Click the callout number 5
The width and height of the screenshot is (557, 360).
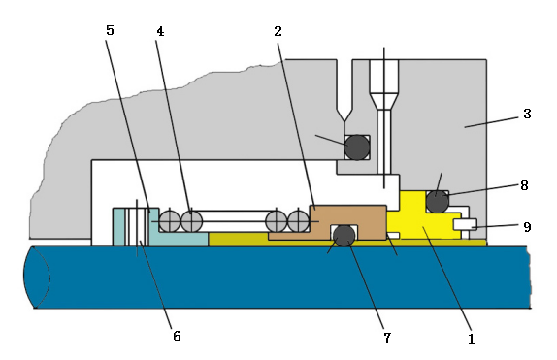click(110, 30)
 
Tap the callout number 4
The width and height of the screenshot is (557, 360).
click(160, 32)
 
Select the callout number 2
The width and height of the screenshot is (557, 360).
click(278, 31)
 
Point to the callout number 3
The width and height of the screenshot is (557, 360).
click(527, 114)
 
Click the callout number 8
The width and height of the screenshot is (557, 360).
click(524, 185)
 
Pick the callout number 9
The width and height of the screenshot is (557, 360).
click(527, 227)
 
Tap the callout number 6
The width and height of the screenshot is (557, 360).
click(177, 336)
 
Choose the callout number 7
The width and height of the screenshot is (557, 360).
click(387, 338)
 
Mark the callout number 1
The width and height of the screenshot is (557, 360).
click(472, 339)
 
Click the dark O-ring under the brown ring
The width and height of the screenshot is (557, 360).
click(344, 236)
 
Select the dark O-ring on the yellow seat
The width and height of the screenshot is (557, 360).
click(438, 202)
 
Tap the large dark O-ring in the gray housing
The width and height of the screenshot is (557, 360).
click(357, 147)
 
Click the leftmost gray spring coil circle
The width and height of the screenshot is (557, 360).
click(170, 221)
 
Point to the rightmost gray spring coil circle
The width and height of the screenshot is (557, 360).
click(298, 221)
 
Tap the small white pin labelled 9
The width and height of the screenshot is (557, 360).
click(465, 224)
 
